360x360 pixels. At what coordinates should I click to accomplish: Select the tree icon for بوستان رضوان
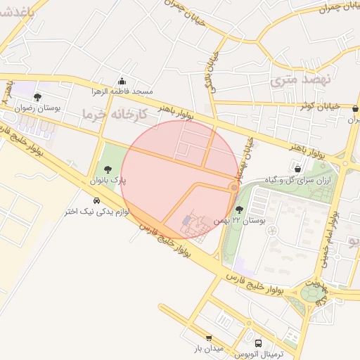coord(37,97)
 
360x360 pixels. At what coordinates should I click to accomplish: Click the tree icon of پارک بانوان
coord(108,169)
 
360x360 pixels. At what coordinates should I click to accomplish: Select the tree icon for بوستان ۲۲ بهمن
coord(240,209)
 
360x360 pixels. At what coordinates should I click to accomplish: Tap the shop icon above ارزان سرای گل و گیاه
coord(298,169)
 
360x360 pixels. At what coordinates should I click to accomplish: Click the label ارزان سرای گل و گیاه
coord(299,180)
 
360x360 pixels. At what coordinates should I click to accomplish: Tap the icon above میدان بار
coord(208,337)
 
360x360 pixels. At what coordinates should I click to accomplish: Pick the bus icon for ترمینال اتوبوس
coord(259,344)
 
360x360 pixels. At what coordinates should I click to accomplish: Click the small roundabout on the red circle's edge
coord(234,188)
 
